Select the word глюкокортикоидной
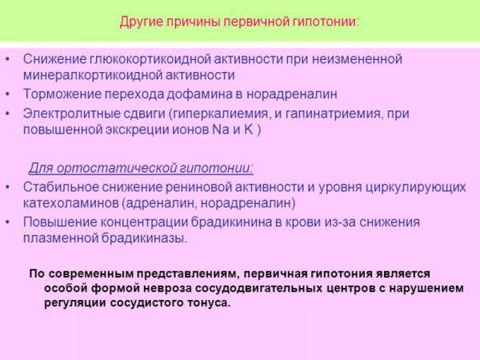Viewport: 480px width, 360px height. (x=150, y=59)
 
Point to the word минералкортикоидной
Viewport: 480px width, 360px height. (x=93, y=75)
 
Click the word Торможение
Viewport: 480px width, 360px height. (x=62, y=94)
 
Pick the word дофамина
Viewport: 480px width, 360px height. (x=199, y=94)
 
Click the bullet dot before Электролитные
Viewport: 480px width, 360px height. (x=8, y=114)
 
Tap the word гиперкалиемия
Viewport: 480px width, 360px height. (x=219, y=114)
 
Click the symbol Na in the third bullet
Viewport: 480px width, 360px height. (x=221, y=130)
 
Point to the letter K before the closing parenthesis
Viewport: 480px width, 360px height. (x=248, y=130)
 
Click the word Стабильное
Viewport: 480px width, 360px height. (x=61, y=187)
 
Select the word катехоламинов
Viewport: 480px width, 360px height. (x=71, y=203)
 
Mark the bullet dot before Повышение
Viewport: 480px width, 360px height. (x=8, y=222)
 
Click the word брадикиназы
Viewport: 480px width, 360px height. (x=144, y=238)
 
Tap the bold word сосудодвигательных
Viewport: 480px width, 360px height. (x=258, y=289)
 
